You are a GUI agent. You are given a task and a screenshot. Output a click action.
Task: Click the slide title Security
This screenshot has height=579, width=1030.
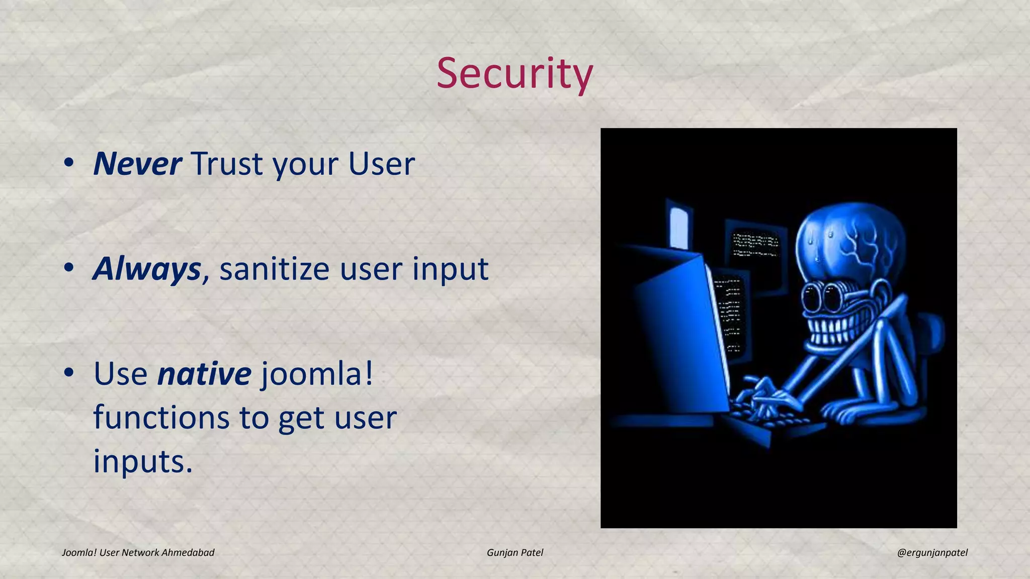514,73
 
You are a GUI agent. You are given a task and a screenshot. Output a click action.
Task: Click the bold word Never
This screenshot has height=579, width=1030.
137,164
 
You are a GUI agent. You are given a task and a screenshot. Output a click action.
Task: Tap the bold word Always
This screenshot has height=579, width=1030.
147,269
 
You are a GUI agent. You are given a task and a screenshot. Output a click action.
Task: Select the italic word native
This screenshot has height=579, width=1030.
204,374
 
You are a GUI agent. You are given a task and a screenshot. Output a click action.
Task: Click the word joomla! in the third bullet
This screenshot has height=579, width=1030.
317,375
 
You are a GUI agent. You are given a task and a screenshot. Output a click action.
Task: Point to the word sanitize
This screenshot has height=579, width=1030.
274,269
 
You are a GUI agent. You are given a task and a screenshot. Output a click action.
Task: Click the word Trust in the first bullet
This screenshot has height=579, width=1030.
226,164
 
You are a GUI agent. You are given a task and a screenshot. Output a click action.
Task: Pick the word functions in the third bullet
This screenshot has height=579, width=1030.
161,418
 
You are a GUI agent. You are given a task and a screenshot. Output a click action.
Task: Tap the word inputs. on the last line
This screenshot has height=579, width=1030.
143,461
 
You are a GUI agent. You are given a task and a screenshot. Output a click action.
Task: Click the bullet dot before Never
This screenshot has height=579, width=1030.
69,163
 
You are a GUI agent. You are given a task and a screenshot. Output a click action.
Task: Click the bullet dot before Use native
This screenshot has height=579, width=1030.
69,373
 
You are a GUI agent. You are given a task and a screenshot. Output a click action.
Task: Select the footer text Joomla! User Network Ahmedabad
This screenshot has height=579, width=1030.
138,553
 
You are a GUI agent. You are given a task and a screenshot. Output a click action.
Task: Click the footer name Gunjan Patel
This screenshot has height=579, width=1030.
514,553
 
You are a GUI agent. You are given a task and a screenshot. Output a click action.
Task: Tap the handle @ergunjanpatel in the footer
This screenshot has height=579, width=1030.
932,553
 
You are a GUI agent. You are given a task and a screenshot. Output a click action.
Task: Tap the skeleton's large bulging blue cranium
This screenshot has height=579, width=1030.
850,241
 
